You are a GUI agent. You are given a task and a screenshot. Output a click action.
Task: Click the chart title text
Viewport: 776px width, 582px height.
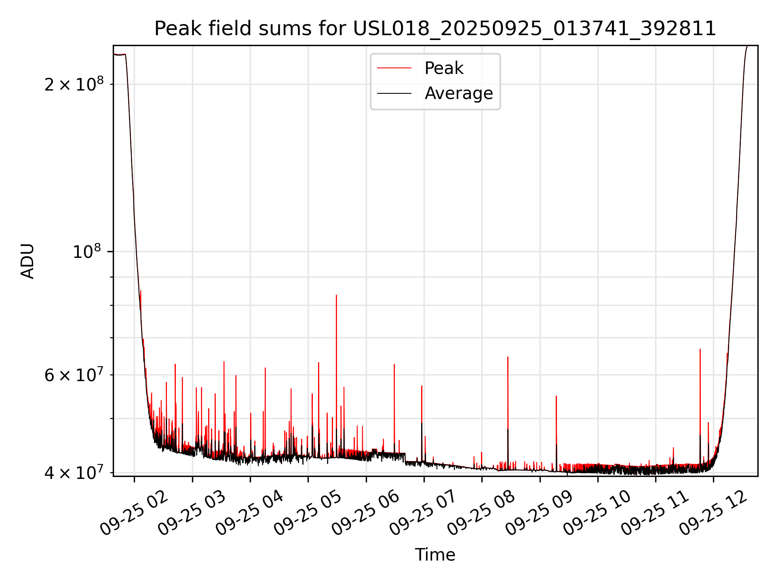[435, 29]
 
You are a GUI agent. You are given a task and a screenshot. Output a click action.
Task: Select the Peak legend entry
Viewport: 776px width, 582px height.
[443, 68]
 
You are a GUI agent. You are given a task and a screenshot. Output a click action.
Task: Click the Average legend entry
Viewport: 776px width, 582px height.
[458, 93]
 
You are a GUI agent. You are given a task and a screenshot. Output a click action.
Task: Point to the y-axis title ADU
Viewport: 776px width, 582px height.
[27, 261]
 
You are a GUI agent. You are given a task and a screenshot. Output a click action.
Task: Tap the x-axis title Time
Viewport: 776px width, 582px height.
[435, 555]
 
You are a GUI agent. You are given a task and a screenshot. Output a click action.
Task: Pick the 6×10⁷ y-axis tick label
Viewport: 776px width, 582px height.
[74, 375]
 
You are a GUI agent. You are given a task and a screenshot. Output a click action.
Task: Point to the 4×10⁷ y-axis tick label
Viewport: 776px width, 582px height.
[74, 472]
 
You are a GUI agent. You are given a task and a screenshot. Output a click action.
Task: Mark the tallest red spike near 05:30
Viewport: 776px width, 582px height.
[336, 296]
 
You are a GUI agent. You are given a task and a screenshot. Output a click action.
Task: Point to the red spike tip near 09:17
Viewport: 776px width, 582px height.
[556, 396]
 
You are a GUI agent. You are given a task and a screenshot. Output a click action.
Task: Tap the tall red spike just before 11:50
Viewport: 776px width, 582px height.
[700, 350]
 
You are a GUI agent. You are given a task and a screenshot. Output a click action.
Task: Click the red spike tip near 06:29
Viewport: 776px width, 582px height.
[394, 365]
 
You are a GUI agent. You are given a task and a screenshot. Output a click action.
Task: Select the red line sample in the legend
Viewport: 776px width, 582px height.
[394, 68]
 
